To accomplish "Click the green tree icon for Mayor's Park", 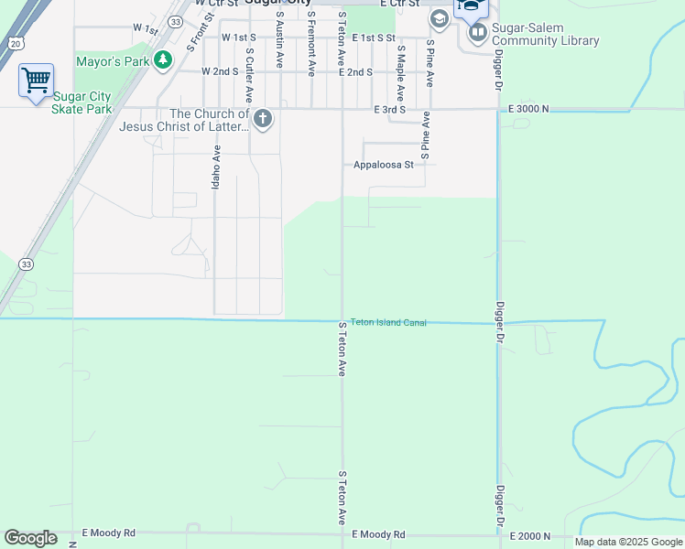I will tap(163, 60).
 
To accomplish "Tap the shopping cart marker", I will tap(36, 81).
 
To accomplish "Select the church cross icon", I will tap(263, 119).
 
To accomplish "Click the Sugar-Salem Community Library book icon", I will tap(477, 35).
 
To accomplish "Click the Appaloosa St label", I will tap(384, 165).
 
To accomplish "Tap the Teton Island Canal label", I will tap(388, 322).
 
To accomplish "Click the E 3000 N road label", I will tap(528, 109).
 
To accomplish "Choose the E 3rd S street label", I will tap(389, 109).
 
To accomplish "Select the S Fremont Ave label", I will tap(311, 44).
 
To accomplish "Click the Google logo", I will tap(30, 538).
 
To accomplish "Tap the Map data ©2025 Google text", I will tap(628, 542).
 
